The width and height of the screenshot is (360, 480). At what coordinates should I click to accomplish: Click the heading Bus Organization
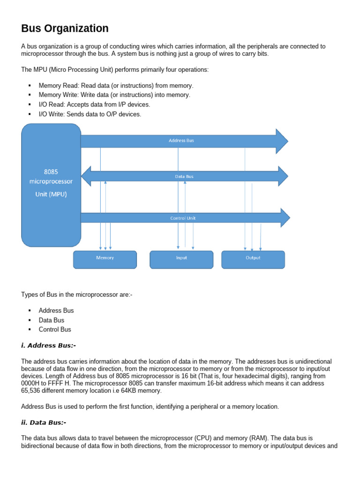pos(65,29)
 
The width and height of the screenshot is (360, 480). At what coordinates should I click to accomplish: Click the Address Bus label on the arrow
pos(181,141)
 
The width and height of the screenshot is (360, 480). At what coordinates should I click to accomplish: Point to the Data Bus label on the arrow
pos(184,177)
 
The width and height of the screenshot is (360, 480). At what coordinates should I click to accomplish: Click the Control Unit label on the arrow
pos(183,218)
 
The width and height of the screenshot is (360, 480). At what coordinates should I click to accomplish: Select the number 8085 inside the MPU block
pos(51,172)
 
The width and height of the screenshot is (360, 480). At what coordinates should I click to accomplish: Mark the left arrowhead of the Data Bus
pos(87,176)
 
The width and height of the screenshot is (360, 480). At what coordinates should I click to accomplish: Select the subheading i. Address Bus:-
pos(48,345)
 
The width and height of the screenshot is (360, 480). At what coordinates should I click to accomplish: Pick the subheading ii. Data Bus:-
pos(44,422)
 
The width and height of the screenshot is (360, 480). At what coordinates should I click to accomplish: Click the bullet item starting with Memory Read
pos(116,86)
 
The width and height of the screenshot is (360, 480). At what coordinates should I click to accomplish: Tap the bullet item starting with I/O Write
pos(90,114)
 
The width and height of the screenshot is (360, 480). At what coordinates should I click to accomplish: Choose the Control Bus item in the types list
pos(55,330)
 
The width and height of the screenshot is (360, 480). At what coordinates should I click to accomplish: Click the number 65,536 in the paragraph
pos(32,390)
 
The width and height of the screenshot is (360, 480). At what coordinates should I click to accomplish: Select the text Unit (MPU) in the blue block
pos(51,194)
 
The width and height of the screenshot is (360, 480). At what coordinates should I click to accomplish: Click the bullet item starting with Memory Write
pos(114,95)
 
